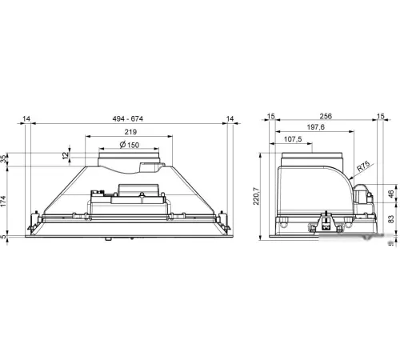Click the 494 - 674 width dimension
tap(128, 118)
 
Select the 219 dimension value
tap(130, 132)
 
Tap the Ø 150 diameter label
tap(130, 145)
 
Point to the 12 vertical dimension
tap(66, 155)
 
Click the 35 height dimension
tap(3, 160)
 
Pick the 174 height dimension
tap(3, 201)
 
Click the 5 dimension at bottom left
tap(3, 237)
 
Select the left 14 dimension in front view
tap(26, 118)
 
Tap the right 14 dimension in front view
tap(230, 118)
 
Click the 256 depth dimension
tap(326, 116)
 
